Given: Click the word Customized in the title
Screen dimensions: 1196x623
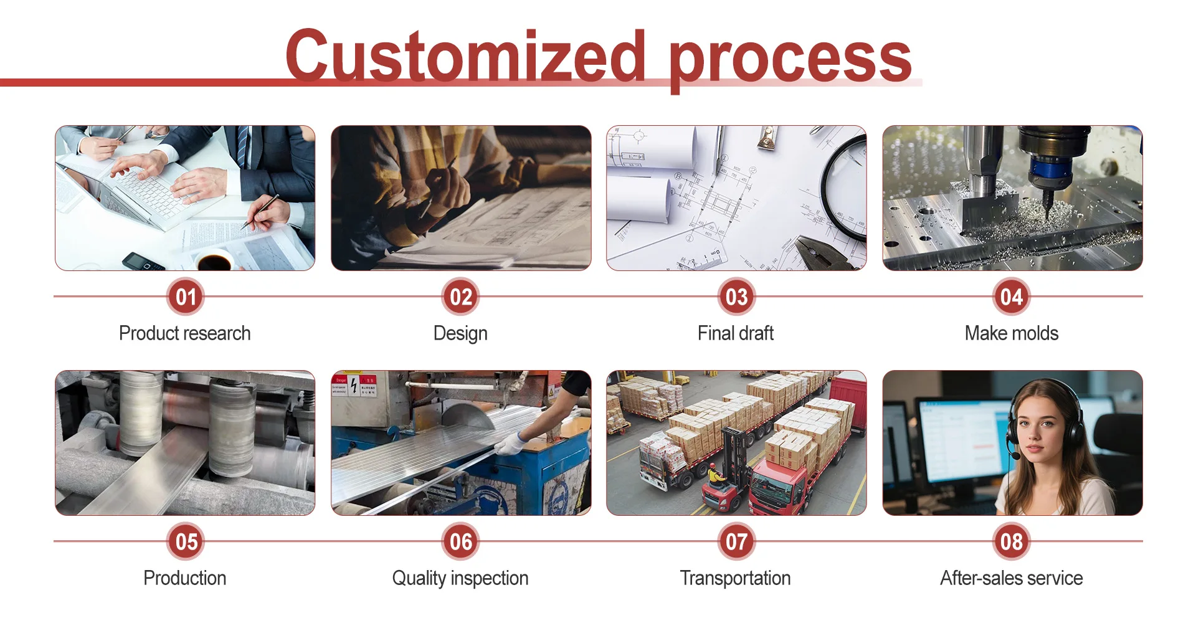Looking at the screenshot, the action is click(466, 56).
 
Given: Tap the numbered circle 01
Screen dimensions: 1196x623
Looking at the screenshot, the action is click(186, 297).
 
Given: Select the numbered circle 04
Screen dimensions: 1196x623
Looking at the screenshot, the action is click(1012, 297).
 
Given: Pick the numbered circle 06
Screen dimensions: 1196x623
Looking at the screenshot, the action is click(461, 541).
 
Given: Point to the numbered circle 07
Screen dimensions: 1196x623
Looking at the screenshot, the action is click(736, 541).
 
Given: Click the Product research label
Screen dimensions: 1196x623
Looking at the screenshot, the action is click(185, 333).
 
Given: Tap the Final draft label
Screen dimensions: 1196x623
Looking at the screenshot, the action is click(736, 333).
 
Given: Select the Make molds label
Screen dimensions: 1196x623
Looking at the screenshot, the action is click(1012, 333).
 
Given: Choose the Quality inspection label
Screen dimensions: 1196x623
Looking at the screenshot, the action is click(460, 579).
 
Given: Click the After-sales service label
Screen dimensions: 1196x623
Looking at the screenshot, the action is click(1012, 578).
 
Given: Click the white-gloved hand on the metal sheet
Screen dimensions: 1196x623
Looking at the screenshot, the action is click(511, 443).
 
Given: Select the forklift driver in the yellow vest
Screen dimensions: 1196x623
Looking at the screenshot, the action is click(716, 477).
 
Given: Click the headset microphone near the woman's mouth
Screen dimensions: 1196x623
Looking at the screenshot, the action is click(1016, 456).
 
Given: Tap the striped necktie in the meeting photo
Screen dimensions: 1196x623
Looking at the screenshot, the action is click(242, 146).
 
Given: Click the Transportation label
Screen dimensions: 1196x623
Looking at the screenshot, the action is click(736, 578).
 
